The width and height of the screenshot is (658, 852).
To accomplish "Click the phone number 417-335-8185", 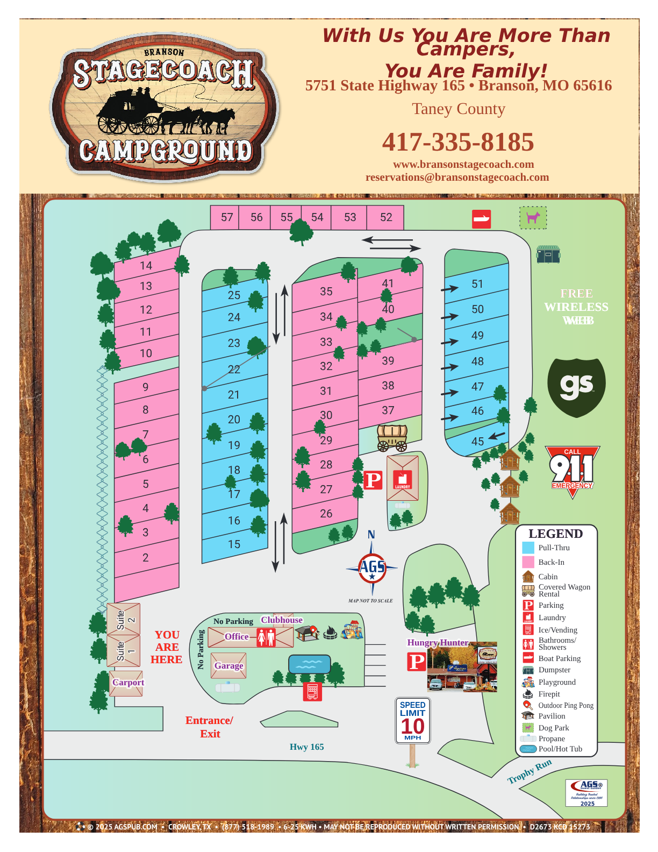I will pos(457,143).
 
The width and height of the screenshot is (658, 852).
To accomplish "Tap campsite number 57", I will pos(227,217).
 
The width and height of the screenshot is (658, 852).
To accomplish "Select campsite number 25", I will pos(234,295).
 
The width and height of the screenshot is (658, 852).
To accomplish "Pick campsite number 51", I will pos(477,284).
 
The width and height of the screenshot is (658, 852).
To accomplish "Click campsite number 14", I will pos(146,266).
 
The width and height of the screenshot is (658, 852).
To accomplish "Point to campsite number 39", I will pos(388,361).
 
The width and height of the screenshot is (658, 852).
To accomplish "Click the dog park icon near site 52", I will pos(533,218).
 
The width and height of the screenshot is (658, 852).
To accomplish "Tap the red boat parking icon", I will pos(481,219).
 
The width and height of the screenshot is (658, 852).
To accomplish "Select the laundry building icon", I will pos(403,479).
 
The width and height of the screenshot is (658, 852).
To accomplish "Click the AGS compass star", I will pos(372,568).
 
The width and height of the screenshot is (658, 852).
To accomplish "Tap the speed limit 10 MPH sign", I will pos(412,721).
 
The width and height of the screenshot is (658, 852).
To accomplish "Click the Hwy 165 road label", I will pos(306,747).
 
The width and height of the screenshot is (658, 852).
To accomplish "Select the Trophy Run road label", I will pos(530,771).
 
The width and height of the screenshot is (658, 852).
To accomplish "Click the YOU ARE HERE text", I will pos(167,647).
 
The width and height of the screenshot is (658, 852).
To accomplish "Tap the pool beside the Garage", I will pos(309,664).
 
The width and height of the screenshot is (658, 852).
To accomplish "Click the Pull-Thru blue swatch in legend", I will pos(528,548).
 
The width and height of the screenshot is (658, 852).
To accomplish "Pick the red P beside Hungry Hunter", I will pos(417,662).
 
